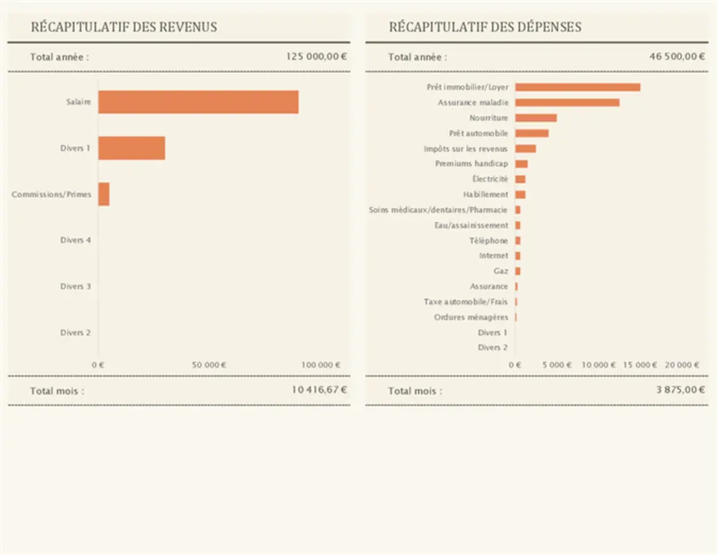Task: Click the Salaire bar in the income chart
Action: [x=198, y=102]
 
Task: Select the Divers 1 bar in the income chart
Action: [x=132, y=148]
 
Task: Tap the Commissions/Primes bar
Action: [x=104, y=194]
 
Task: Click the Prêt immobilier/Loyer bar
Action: [x=578, y=87]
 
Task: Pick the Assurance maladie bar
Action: [x=567, y=103]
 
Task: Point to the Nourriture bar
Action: [x=536, y=118]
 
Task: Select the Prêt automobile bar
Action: [x=532, y=133]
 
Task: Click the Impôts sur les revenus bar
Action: [x=526, y=148]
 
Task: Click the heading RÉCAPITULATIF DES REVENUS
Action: [x=124, y=27]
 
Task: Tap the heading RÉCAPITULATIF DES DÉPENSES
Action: [x=485, y=27]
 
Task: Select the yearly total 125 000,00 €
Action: [x=317, y=57]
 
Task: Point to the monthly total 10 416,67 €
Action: [x=319, y=390]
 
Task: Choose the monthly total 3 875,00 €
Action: [x=680, y=390]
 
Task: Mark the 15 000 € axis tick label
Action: [x=640, y=365]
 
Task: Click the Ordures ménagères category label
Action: [x=471, y=317]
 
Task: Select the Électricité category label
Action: [x=490, y=179]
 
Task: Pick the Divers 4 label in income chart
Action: [x=76, y=240]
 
